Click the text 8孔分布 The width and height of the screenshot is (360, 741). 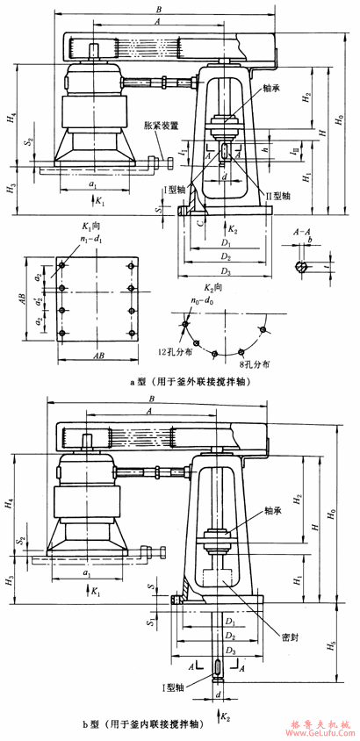pyautogui.click(x=253, y=362)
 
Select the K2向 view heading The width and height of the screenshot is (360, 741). pyautogui.click(x=222, y=287)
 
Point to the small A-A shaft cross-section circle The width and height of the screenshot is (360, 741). pyautogui.click(x=301, y=268)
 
